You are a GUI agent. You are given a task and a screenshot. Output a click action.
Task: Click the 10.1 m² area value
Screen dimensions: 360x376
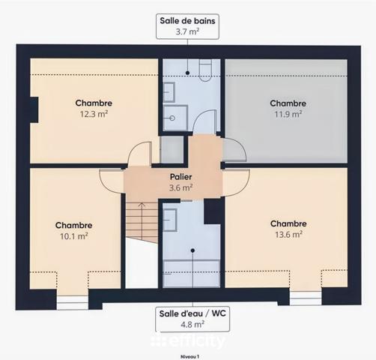73,235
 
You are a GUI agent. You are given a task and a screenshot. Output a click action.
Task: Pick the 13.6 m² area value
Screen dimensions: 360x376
288,234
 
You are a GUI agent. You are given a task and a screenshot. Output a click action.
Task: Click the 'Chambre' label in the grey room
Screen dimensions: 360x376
288,103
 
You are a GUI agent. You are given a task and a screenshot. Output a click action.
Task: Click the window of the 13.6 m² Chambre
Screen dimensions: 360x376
306,298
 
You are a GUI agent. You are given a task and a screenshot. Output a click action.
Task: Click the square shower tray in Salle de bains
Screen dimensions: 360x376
176,116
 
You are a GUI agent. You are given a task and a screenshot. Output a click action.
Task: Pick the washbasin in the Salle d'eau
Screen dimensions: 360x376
171,219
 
